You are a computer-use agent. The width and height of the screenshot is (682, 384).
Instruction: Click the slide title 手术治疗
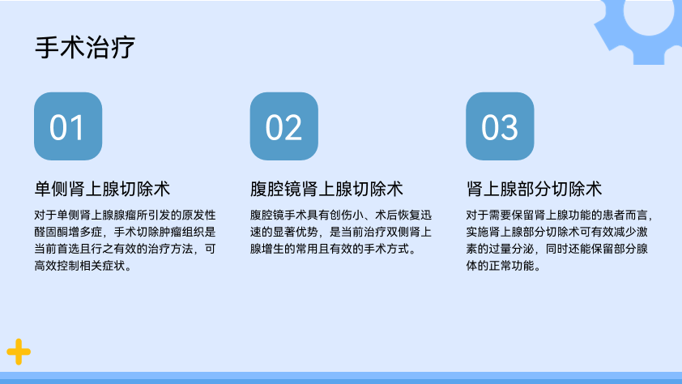(85, 47)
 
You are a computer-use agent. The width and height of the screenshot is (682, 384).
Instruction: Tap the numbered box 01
(68, 126)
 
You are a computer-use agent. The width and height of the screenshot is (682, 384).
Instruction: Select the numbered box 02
(284, 126)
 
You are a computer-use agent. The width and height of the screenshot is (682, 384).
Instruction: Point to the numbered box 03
(500, 126)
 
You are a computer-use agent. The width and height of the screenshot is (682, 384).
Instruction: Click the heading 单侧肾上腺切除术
(102, 189)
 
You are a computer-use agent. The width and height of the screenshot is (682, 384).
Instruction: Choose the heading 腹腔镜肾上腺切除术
(326, 189)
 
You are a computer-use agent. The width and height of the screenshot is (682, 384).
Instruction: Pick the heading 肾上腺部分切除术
(534, 189)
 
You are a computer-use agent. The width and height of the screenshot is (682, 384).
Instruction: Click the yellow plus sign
(19, 352)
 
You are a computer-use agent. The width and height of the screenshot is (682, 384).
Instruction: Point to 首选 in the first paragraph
(68, 249)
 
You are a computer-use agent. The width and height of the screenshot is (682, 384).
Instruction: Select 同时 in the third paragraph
(556, 249)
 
